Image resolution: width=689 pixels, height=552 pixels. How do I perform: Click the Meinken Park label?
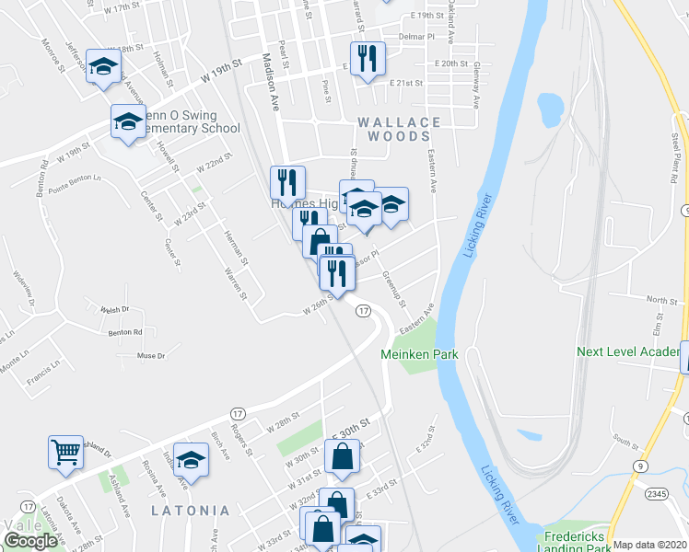click(413, 353)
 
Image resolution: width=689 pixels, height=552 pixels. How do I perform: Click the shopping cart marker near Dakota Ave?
click(66, 452)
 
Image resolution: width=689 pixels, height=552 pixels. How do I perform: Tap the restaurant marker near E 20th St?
click(368, 58)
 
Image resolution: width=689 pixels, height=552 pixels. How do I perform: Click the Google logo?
click(30, 541)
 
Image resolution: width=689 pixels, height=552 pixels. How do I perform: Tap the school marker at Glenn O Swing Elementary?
click(128, 121)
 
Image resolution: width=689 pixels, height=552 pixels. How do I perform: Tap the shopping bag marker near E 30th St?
click(342, 457)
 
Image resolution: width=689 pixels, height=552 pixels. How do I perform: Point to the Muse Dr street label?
click(150, 355)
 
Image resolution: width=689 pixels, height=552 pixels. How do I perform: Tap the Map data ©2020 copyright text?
click(650, 545)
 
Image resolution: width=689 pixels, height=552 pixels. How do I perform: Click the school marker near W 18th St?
click(104, 64)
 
